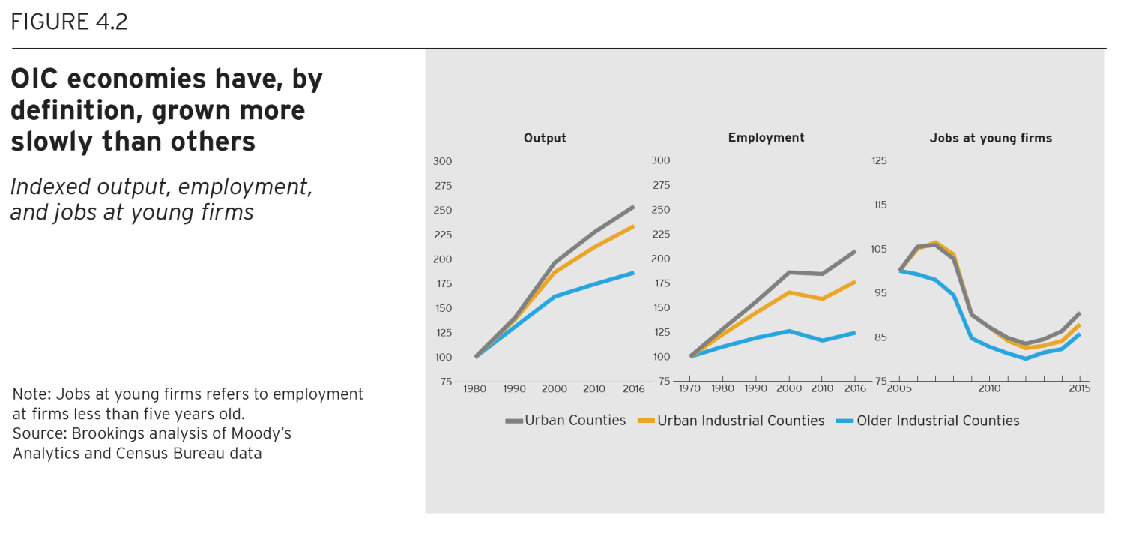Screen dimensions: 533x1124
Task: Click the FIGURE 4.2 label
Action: click(69, 22)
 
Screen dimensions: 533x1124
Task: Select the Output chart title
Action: click(545, 138)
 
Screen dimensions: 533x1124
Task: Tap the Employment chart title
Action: click(766, 137)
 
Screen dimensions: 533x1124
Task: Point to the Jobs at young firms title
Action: click(991, 138)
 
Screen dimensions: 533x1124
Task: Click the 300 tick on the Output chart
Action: click(442, 161)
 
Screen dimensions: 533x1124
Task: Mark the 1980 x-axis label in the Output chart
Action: click(475, 388)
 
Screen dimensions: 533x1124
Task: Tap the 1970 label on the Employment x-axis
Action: click(689, 388)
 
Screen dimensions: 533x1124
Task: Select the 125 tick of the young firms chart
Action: click(879, 160)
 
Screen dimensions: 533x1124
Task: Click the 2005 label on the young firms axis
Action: click(899, 388)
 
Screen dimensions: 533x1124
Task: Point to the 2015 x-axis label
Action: click(1079, 388)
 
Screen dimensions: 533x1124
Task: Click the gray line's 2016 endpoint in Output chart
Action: click(633, 207)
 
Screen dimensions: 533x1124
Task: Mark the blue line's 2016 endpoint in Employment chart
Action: click(854, 333)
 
